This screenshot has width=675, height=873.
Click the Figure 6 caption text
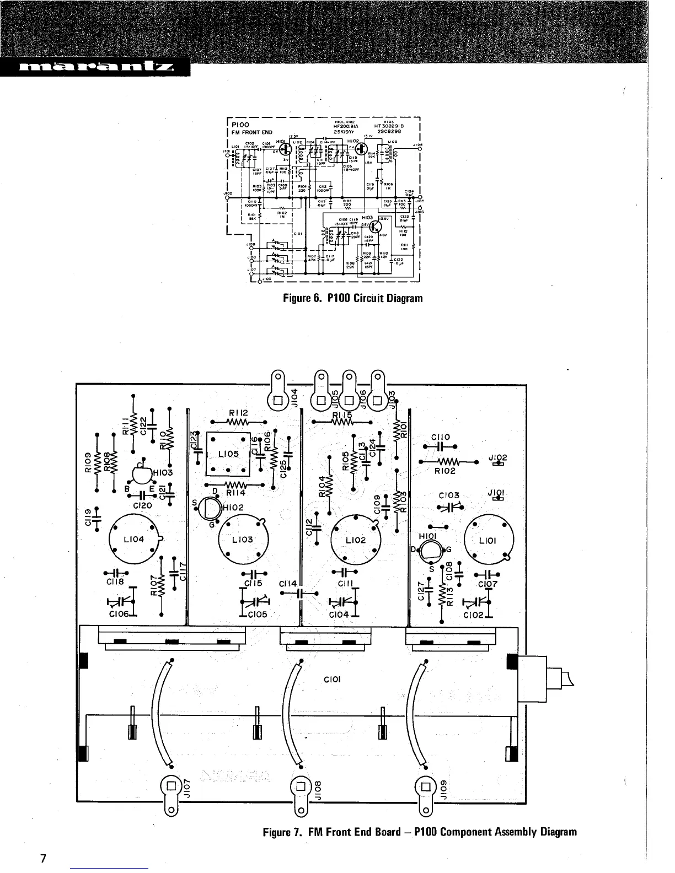(352, 298)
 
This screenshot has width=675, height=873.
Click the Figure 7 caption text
(420, 832)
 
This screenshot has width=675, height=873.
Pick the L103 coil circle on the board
(243, 540)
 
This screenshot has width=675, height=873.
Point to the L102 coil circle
(355, 540)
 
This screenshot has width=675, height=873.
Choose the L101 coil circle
(489, 540)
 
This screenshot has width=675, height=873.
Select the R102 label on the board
(444, 471)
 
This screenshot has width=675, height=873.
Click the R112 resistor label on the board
(238, 413)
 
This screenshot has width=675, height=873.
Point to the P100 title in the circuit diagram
(240, 125)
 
